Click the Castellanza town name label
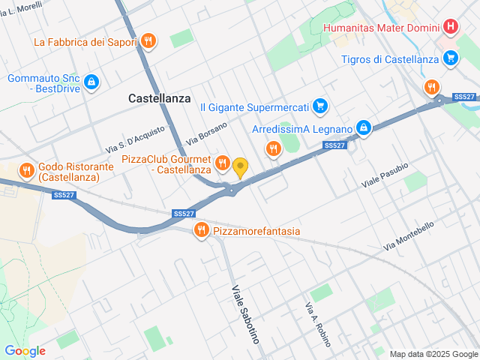160,98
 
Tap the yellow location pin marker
240,166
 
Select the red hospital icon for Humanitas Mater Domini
450,28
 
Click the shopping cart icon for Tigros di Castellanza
450,58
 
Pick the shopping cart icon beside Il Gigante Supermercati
320,106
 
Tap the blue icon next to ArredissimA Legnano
364,128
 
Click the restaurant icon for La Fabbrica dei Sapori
148,41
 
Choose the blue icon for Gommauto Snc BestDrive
91,81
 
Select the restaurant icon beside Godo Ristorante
27,170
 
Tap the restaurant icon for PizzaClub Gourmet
222,163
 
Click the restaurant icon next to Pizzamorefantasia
201,230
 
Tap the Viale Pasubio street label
385,175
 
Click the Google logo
25,351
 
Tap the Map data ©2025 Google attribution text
433,354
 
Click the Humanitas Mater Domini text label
381,28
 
